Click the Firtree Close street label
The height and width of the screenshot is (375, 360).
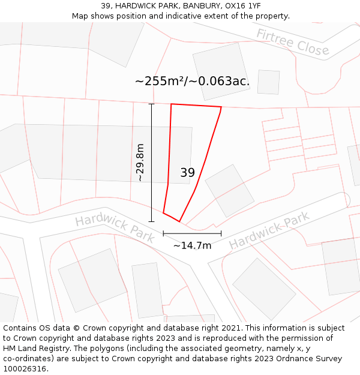(x=293, y=42)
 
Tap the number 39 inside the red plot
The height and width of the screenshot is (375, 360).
(x=187, y=173)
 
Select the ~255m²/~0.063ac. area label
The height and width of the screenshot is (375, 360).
(x=192, y=80)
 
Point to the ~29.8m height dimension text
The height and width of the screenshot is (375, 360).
(x=140, y=162)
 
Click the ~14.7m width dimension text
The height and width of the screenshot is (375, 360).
(x=192, y=245)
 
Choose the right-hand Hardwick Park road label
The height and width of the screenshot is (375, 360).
(x=269, y=230)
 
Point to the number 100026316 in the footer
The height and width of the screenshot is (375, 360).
(x=25, y=369)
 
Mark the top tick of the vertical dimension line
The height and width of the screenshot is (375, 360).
(x=151, y=104)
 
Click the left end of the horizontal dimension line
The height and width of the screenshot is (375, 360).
(x=163, y=233)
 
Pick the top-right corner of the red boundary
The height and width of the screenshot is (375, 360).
(x=221, y=107)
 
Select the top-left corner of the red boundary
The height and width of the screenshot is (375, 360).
(x=172, y=104)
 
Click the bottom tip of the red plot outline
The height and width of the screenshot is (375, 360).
(x=179, y=221)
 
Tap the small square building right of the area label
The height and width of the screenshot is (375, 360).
(x=268, y=82)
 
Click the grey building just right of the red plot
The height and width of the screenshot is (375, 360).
(x=230, y=190)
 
